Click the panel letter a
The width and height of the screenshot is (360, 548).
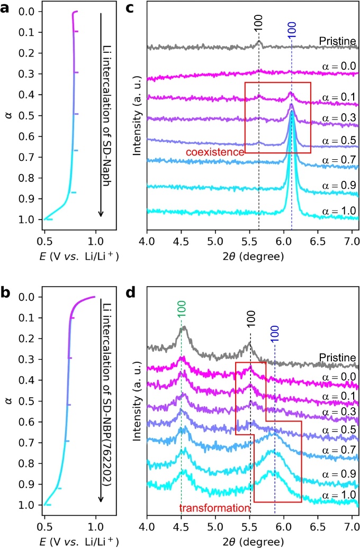coord(6,7)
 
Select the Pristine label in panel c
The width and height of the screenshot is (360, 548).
coord(338,40)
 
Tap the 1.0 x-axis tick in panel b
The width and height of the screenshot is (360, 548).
coord(96,528)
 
